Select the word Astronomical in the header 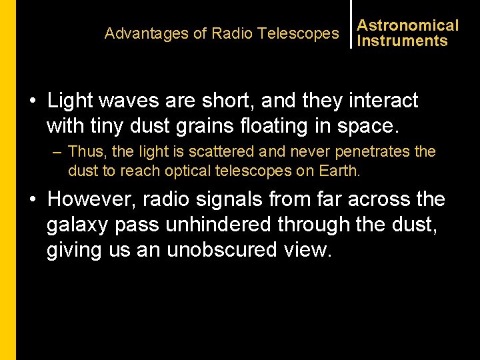coord(408,25)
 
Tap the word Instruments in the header coord(402,41)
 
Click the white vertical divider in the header coord(351,24)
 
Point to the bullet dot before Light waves coord(32,101)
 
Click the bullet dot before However coord(32,199)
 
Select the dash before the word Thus coord(58,152)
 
